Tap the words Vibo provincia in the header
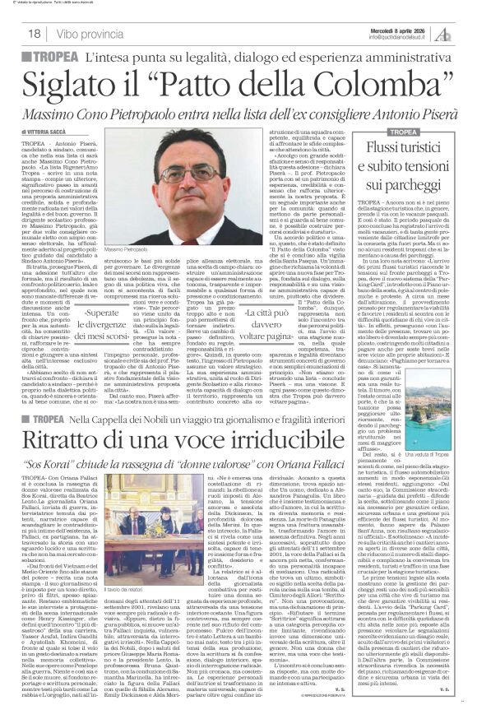tap(83, 32)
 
